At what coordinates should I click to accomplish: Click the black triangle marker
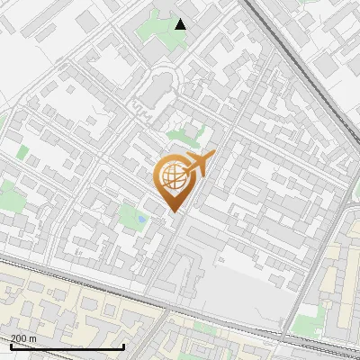click(x=181, y=24)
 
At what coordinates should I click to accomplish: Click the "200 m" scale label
click(x=24, y=338)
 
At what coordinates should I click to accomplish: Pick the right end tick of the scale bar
click(x=123, y=346)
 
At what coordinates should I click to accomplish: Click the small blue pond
click(x=142, y=219)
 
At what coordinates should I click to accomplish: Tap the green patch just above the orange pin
click(x=184, y=137)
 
